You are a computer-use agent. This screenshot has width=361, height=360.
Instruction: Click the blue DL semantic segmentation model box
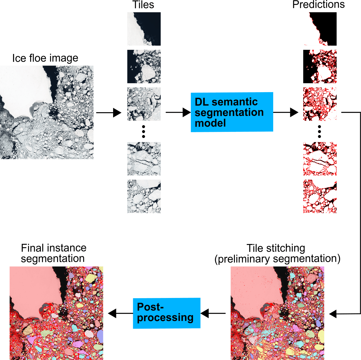pyautogui.click(x=232, y=112)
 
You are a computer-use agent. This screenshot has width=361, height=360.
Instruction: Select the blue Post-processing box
pyautogui.click(x=166, y=313)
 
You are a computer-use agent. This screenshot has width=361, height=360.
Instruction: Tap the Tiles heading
pyautogui.click(x=143, y=5)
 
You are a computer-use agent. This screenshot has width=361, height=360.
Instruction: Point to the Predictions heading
pyautogui.click(x=318, y=5)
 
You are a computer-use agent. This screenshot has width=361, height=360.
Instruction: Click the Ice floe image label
pyautogui.click(x=45, y=58)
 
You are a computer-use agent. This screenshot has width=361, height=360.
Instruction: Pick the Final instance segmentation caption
pyautogui.click(x=53, y=253)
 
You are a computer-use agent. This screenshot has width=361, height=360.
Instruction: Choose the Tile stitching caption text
pyautogui.click(x=277, y=253)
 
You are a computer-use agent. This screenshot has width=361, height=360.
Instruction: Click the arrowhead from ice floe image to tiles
pyautogui.click(x=117, y=112)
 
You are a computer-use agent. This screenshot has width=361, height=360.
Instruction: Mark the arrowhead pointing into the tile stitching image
pyautogui.click(x=333, y=314)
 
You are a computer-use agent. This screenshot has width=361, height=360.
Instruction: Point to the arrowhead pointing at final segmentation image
pyautogui.click(x=112, y=313)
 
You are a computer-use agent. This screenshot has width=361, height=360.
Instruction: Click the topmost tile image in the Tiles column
pyautogui.click(x=144, y=29)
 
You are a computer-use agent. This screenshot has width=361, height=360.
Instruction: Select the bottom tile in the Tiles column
pyautogui.click(x=144, y=196)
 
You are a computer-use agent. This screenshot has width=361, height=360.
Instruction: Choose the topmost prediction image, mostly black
pyautogui.click(x=320, y=29)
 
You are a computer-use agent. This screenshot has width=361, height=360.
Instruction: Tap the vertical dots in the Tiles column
pyautogui.click(x=144, y=132)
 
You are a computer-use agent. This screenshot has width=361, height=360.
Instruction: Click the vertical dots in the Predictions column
pyautogui.click(x=319, y=132)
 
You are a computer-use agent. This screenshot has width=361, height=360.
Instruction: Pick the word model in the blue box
pyautogui.click(x=210, y=123)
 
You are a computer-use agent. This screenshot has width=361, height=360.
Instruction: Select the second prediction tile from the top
pyautogui.click(x=320, y=66)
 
